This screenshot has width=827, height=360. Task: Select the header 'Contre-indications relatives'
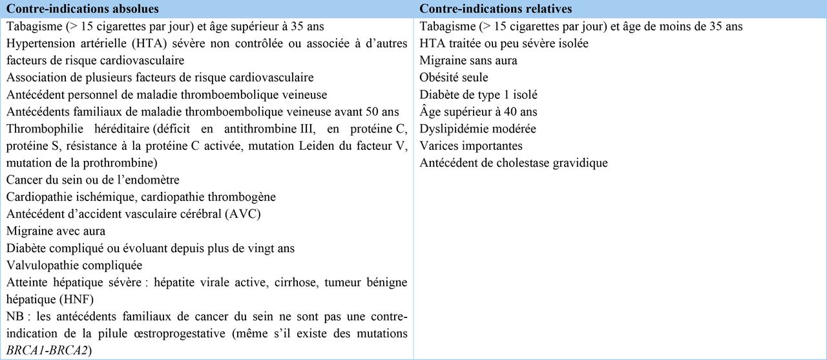coord(496,9)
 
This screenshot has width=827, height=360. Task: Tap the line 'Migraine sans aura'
coord(468,61)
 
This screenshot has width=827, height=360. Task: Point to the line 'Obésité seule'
coord(454,78)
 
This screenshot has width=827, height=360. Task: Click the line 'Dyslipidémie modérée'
coord(477,129)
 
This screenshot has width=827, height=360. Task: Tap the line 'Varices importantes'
coord(471,145)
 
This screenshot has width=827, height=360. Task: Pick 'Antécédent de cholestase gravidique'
coord(514,163)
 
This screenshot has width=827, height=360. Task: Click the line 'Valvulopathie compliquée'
coord(74,265)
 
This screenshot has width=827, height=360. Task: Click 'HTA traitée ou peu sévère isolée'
coord(504,43)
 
